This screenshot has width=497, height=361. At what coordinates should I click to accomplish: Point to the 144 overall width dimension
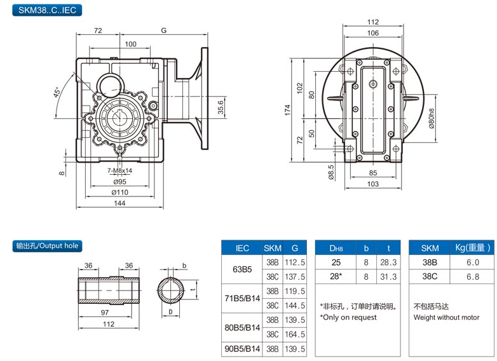tap(119, 203)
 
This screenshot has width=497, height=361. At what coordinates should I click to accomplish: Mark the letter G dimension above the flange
tap(164, 31)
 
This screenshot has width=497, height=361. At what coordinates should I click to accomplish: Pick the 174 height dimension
tap(287, 110)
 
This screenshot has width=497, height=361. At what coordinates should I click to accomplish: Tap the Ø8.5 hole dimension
tap(331, 172)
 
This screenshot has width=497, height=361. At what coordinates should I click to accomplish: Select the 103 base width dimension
tap(372, 184)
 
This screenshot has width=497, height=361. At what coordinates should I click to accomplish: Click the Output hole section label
tap(48, 245)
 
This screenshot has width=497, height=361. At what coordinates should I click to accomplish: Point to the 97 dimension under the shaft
tap(104, 313)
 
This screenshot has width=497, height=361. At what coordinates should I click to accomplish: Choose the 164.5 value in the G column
tap(295, 334)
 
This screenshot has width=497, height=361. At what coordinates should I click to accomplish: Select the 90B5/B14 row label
tap(243, 349)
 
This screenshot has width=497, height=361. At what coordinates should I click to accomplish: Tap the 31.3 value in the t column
tap(388, 276)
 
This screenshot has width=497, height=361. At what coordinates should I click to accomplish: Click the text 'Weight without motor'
tap(446, 317)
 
